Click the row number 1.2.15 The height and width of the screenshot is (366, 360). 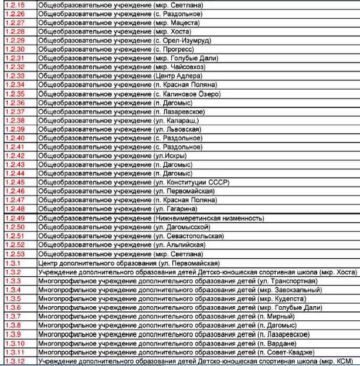coord(15,4)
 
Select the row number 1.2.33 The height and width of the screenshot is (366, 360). coord(15,76)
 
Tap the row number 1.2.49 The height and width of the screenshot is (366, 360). coord(15,218)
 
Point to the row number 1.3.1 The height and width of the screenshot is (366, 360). coord(13,263)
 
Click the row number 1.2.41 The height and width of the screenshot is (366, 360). coord(15,147)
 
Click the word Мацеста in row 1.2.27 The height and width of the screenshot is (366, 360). coord(185,22)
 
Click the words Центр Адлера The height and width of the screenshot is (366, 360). coord(180,76)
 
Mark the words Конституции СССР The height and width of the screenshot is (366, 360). coord(198,182)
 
